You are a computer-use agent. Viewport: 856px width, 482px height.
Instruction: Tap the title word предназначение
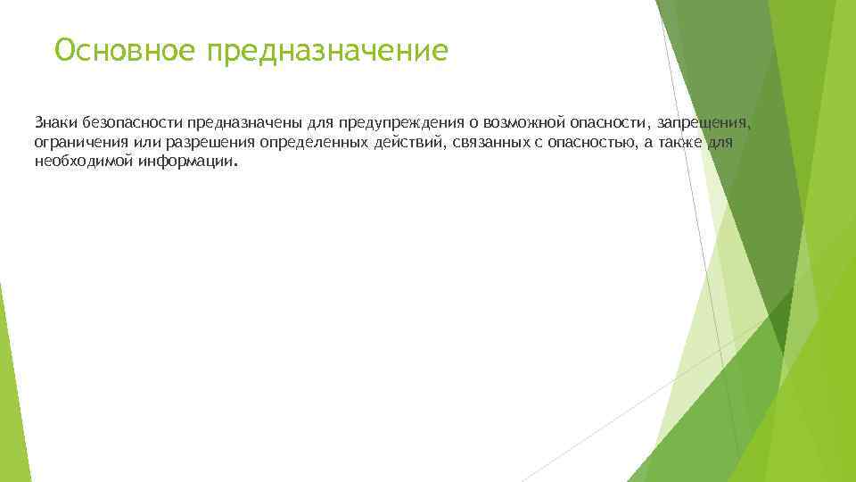tap(326, 51)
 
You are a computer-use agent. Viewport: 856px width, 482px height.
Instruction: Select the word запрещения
tap(704, 121)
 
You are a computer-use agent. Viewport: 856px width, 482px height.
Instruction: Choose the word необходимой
tap(84, 163)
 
